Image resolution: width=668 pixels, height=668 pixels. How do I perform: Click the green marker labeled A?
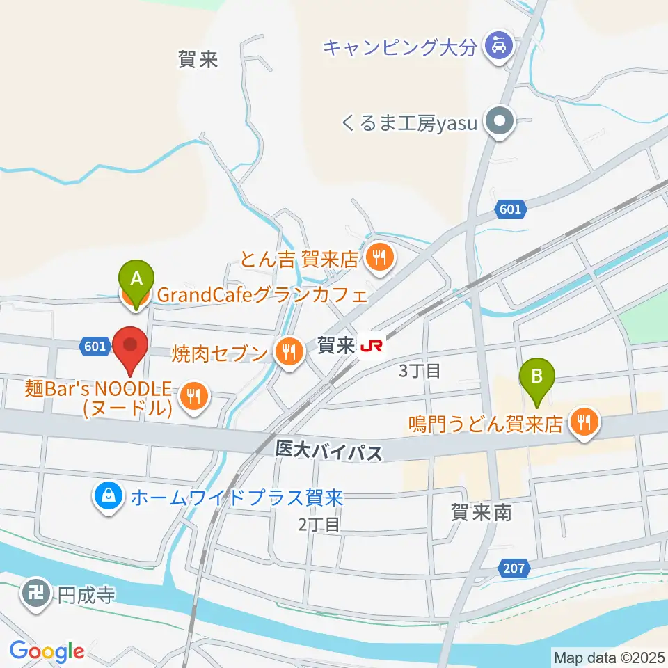click(x=137, y=279)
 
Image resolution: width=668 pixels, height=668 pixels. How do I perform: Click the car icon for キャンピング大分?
click(x=498, y=47)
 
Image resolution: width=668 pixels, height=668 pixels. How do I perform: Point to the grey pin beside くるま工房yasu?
click(x=498, y=123)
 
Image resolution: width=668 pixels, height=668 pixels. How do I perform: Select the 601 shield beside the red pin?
click(x=95, y=346)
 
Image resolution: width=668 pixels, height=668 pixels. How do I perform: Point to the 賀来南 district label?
click(x=481, y=514)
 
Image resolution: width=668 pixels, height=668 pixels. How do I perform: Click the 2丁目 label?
click(x=318, y=524)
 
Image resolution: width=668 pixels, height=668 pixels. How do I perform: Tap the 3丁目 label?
click(x=420, y=370)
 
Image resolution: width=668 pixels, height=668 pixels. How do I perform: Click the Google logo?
click(x=47, y=651)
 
